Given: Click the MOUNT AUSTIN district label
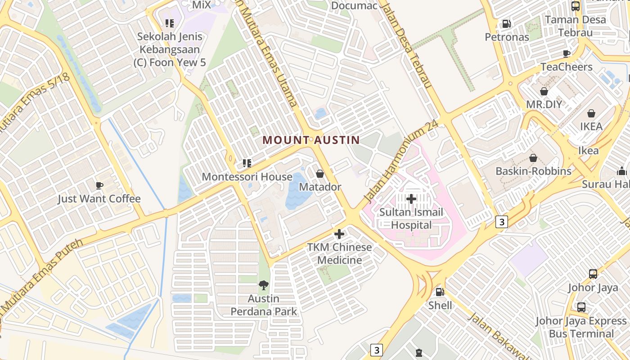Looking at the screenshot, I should click(311, 140).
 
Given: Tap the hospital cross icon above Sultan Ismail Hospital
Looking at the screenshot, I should click(411, 198).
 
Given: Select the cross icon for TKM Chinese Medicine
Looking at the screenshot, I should click(339, 234).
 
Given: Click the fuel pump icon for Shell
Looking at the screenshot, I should click(440, 292).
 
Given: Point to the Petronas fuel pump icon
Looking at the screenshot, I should click(507, 23).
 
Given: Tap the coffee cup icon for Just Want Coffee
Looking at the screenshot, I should click(99, 185).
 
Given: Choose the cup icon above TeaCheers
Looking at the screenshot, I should click(566, 54).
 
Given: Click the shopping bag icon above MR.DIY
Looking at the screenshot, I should click(544, 91).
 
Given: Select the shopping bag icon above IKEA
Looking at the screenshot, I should click(591, 113).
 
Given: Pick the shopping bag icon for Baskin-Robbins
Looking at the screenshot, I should click(533, 158).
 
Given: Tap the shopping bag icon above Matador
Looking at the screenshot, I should click(320, 173).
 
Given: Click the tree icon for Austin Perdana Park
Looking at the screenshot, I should click(264, 285).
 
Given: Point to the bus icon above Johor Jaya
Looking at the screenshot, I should click(593, 274).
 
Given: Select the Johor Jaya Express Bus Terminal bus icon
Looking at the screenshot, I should click(581, 307).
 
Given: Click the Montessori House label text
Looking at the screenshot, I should click(247, 177).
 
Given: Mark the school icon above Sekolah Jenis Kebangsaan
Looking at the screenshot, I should click(169, 23).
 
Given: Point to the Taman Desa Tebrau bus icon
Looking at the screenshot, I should click(575, 6).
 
